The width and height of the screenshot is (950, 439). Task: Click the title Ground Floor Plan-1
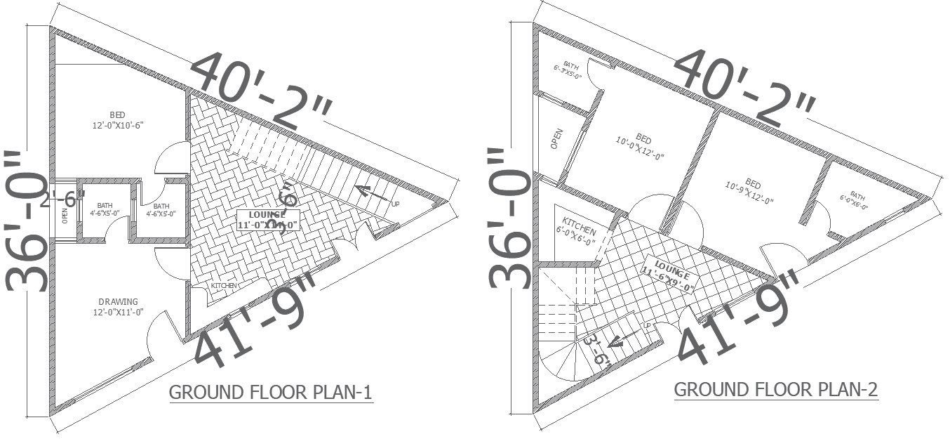coord(270,392)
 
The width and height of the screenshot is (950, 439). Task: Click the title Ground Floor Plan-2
coord(775,389)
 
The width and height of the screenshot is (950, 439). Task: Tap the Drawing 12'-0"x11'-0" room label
coord(118,307)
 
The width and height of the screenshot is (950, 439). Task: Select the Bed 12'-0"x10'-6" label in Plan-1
coord(118,120)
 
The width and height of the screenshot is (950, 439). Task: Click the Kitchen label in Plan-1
coord(224,286)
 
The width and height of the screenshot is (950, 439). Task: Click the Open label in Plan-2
coord(557,138)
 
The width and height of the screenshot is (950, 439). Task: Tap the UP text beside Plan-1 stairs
coord(396,204)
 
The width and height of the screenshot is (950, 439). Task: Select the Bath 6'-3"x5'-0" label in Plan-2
coord(568,70)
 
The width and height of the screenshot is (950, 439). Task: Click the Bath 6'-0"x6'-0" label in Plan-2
coord(859,200)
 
